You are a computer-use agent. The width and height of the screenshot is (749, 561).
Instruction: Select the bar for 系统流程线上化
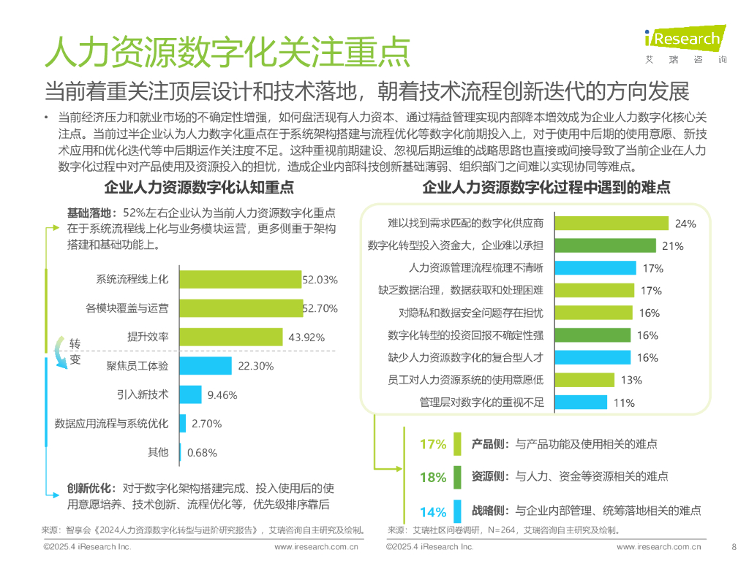[x=241, y=279]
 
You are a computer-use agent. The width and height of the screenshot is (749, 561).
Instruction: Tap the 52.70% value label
[x=320, y=308]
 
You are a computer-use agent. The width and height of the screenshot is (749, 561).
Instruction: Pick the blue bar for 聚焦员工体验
[x=206, y=366]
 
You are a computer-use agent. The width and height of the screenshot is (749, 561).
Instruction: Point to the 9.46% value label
[x=222, y=395]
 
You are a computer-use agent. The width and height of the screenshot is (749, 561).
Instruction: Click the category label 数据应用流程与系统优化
[x=111, y=423]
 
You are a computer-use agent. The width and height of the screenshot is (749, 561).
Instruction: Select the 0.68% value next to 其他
[x=202, y=452]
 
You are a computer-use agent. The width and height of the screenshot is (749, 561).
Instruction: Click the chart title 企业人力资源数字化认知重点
[x=199, y=188]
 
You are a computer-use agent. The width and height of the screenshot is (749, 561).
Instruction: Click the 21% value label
[x=672, y=246]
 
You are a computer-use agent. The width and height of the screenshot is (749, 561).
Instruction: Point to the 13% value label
[x=631, y=380]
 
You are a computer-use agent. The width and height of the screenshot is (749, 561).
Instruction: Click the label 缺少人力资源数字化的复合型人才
[x=470, y=358]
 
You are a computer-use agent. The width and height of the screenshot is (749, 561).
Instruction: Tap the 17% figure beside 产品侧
[x=432, y=444]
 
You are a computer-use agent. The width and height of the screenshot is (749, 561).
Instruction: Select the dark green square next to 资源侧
[x=457, y=476]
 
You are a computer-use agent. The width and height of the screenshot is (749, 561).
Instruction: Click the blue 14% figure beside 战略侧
[x=432, y=511]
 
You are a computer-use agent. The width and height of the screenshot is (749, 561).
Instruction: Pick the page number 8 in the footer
[x=734, y=546]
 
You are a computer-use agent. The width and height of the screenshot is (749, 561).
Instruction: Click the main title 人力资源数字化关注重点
[x=227, y=51]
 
